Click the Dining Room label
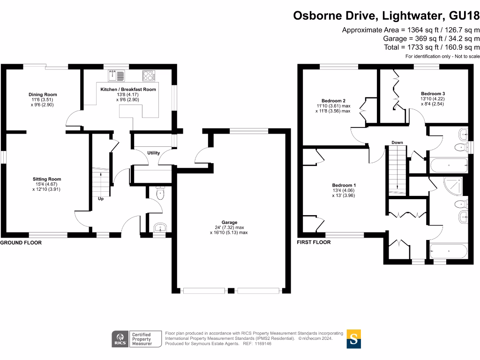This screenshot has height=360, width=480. click(x=43, y=95)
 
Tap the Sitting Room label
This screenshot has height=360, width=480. click(x=47, y=179)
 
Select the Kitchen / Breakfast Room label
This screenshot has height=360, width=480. click(x=128, y=89)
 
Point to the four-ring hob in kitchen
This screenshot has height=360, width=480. click(x=149, y=75)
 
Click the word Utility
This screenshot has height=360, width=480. click(x=153, y=153)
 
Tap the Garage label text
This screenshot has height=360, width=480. click(x=229, y=222)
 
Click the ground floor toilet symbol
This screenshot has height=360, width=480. click(x=160, y=194)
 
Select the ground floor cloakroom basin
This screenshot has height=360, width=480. click(x=160, y=227)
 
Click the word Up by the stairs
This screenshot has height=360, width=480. click(x=100, y=199)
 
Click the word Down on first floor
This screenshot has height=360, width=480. click(x=397, y=142)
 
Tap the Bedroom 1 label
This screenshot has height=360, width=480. click(x=344, y=185)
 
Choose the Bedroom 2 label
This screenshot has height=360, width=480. click(x=333, y=101)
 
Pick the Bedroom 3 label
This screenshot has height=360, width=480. click(x=433, y=94)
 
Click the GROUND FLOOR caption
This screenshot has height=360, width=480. click(x=21, y=243)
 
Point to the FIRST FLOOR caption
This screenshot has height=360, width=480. click(x=314, y=242)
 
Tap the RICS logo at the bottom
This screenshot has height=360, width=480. click(x=120, y=338)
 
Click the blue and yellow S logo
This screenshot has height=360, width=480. click(x=354, y=338)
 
